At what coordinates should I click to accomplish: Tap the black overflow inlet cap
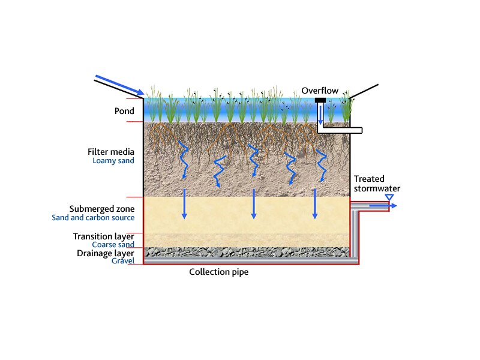click(320, 100)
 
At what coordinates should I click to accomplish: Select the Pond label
click(124, 111)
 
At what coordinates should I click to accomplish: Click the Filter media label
click(111, 152)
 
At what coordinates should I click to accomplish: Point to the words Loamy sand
click(113, 161)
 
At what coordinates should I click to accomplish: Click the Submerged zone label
click(101, 209)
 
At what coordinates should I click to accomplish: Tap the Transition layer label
click(104, 236)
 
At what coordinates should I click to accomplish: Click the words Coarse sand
click(113, 245)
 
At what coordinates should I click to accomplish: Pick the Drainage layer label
click(106, 253)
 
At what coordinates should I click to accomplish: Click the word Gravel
click(122, 261)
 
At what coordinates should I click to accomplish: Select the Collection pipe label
click(218, 272)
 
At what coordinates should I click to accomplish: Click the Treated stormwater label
click(376, 184)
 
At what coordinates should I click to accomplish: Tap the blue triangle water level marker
click(389, 197)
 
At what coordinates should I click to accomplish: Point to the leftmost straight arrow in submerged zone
click(184, 204)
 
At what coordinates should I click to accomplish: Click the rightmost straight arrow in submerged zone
click(314, 204)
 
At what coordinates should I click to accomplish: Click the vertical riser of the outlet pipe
click(355, 234)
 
